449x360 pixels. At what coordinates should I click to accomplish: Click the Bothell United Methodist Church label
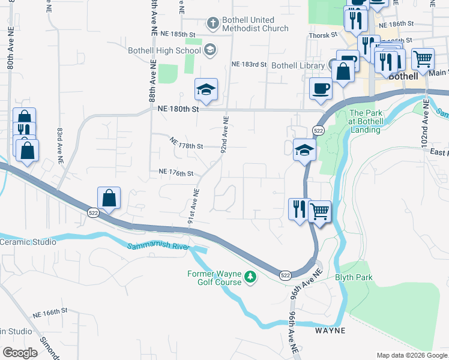(255, 24)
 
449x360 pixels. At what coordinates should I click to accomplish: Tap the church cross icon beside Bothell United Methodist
(211, 24)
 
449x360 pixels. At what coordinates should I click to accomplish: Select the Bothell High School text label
(165, 50)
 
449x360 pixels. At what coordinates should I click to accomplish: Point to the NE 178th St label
(187, 145)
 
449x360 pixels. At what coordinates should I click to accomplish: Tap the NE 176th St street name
(176, 173)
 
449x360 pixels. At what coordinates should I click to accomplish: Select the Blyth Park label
(354, 277)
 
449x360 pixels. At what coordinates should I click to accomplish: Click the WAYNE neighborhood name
(331, 331)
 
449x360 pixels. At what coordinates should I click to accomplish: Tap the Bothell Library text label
(298, 65)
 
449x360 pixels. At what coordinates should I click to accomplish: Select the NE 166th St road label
(49, 313)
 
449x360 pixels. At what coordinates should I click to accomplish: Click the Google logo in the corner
(20, 352)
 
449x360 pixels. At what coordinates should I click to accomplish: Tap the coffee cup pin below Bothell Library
(319, 88)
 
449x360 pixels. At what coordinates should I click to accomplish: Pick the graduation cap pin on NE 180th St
(206, 90)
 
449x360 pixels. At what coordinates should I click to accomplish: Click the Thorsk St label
(320, 35)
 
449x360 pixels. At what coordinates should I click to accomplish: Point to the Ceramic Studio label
(28, 242)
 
